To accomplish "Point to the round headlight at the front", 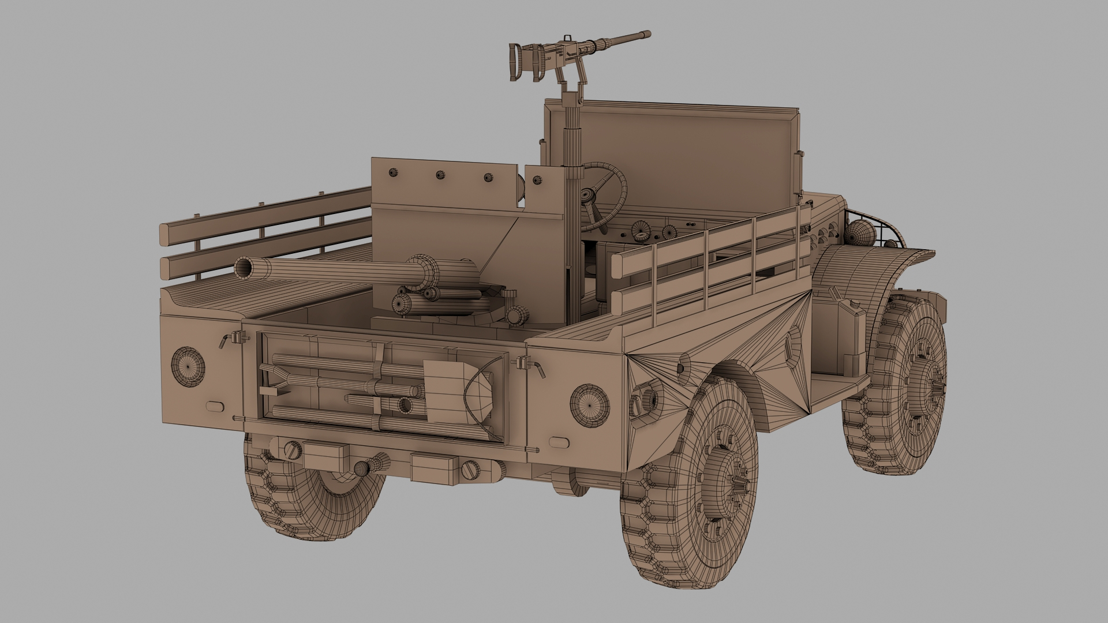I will [x=861, y=233].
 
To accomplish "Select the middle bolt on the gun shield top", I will [x=440, y=175].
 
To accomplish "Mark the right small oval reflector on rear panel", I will [x=557, y=441].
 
